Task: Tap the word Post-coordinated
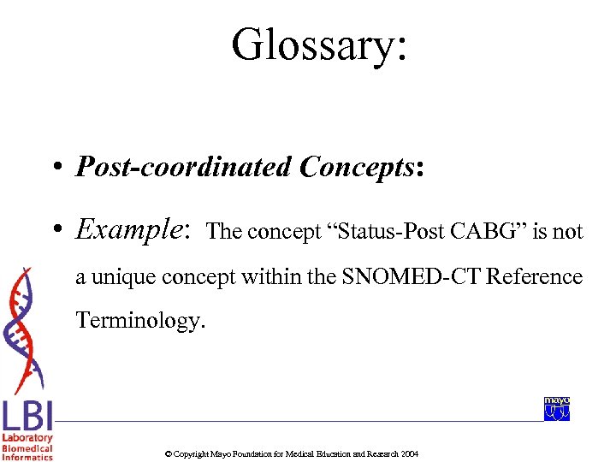[x=183, y=167]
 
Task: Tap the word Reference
[x=530, y=277]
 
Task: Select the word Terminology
[x=141, y=321]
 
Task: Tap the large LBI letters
[x=27, y=417]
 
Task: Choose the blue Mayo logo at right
[x=557, y=409]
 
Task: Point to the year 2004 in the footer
[x=410, y=453]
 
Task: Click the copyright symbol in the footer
[x=168, y=453]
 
